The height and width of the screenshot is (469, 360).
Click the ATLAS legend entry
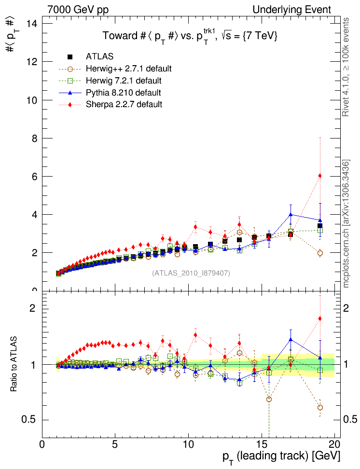[x=99, y=56]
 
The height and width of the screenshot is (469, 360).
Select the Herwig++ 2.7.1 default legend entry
[x=128, y=69]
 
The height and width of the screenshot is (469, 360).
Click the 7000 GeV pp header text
[x=78, y=10]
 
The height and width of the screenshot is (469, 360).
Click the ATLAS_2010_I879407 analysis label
[x=191, y=273]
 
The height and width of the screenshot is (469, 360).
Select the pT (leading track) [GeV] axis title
[x=281, y=456]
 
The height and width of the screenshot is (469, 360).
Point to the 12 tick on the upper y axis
[x=32, y=62]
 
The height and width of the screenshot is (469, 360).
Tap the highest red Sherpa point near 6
[x=319, y=176]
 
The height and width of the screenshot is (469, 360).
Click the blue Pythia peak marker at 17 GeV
[x=291, y=215]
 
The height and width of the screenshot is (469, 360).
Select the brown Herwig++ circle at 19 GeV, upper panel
[x=319, y=253]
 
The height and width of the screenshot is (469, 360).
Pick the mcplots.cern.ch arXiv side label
[x=346, y=223]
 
